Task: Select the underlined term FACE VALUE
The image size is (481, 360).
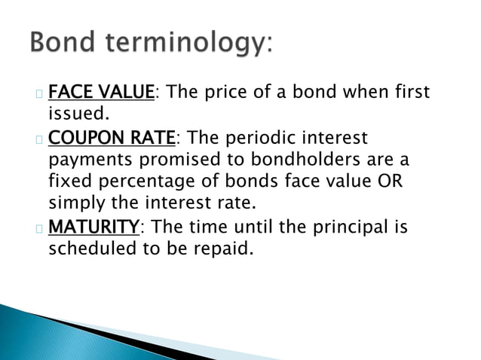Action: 102,93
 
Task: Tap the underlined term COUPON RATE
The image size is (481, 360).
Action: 112,138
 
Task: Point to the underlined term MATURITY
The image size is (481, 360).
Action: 94,227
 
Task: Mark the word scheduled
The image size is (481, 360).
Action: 93,249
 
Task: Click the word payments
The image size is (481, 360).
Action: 87,160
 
